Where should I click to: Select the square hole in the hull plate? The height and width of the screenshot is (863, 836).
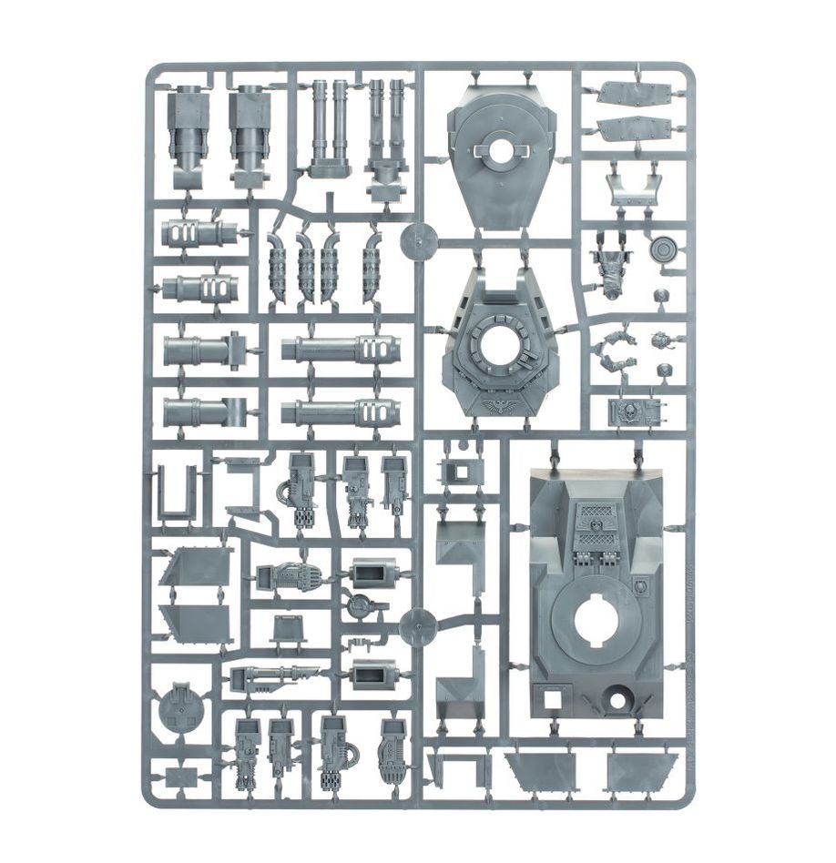coord(552,699)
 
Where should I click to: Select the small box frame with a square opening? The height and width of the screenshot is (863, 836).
coord(458,472)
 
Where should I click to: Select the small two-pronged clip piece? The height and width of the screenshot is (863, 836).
coord(358,643)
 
